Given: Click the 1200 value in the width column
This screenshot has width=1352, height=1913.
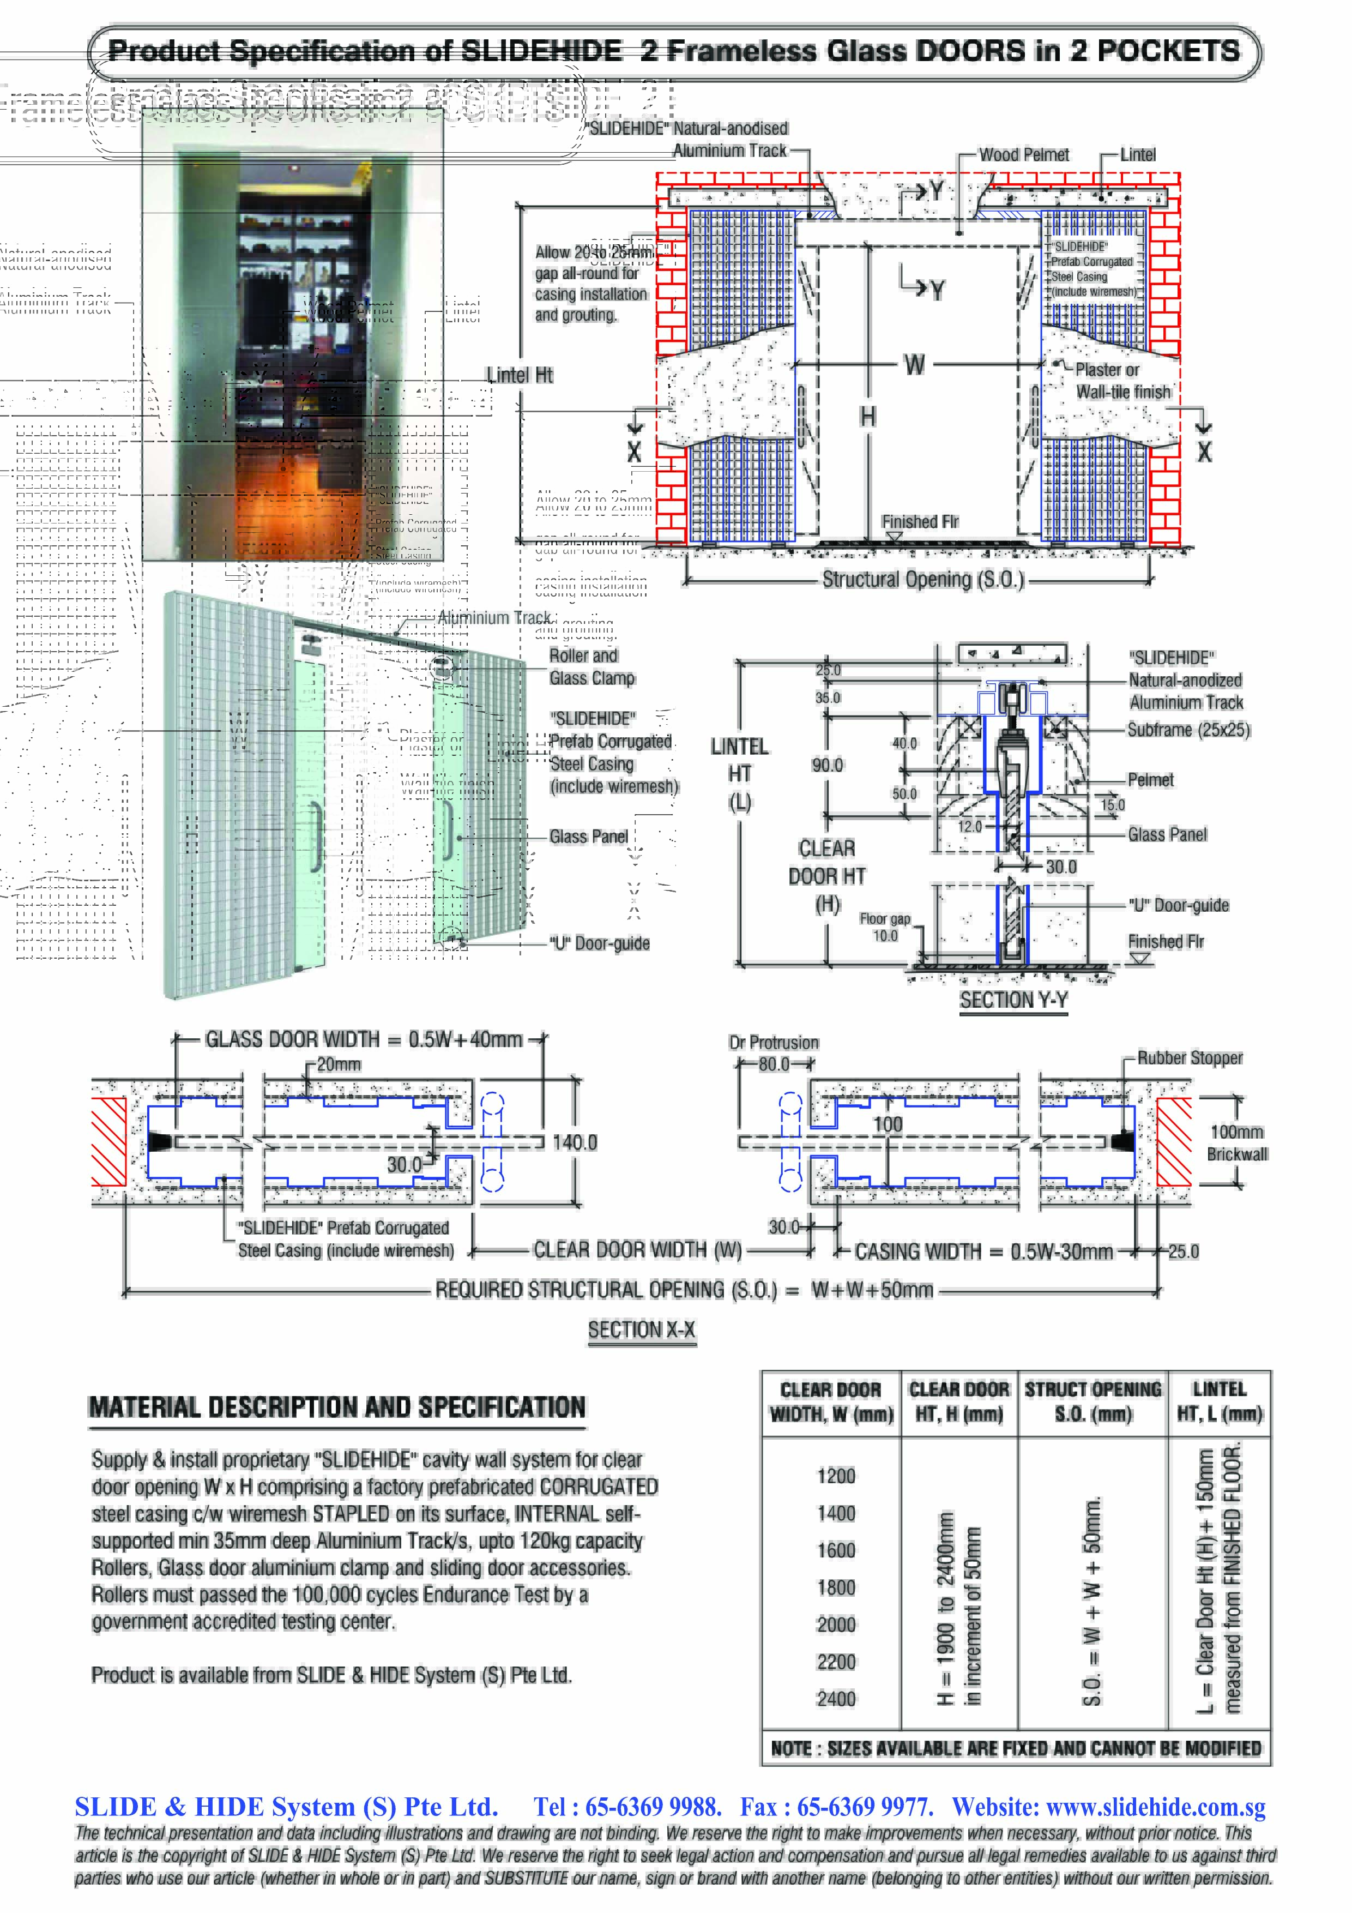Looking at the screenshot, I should pos(836,1476).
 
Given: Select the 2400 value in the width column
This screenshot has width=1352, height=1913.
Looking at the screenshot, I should pos(836,1698).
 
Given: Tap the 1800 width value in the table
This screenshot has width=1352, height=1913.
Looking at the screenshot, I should pos(836,1587).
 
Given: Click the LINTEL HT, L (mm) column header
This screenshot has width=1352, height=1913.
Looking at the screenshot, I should pos(1219,1401).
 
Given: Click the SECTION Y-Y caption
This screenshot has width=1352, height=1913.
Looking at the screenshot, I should pos(1013,1000).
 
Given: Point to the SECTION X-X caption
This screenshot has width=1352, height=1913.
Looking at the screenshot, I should pos(642,1330).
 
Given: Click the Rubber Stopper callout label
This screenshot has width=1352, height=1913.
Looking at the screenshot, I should pos(1190,1057).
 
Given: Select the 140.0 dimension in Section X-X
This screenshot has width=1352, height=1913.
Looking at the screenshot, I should pos(575,1142).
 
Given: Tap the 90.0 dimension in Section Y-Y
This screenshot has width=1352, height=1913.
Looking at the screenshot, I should pos(827,765).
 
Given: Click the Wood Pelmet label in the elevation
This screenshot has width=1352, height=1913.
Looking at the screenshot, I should pos(1024,155).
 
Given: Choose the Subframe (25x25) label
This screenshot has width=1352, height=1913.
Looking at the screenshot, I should pos(1188,730).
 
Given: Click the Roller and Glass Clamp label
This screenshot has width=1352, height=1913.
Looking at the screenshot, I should pos(591,666).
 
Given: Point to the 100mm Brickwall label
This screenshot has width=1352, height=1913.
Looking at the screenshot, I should pos(1237,1142).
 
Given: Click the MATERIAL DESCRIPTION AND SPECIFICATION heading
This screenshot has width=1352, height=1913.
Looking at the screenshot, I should pos(337,1407).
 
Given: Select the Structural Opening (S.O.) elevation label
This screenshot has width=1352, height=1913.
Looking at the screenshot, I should pos(923,579).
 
